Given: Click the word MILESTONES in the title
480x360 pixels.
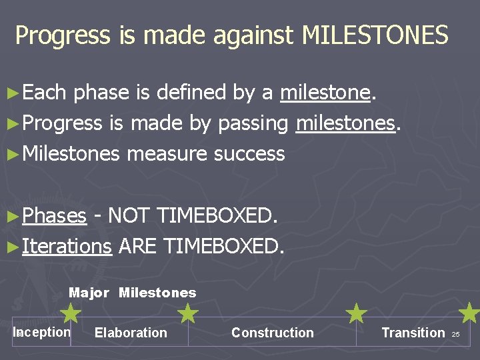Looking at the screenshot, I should pos(375,35).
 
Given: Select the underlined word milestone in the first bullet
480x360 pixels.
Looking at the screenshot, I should pos(325,93).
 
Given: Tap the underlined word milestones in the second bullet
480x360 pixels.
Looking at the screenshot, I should pos(346,123).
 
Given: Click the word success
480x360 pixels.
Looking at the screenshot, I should pos(249,154).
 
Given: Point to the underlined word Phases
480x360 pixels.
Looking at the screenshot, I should pos(54,216).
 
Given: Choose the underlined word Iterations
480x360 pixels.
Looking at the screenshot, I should pos(66,247).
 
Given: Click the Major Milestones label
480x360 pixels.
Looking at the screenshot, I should pos(133,293).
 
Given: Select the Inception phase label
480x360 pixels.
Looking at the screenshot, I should pos(41,332).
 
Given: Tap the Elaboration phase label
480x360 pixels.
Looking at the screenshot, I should pos(131,333).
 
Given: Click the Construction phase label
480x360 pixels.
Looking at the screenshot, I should pos(272,333).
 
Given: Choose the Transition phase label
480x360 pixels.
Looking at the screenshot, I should pos(413,333).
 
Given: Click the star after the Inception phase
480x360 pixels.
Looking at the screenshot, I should pos(70,313).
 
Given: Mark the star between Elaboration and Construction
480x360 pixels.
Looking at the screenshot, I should pos(189,313).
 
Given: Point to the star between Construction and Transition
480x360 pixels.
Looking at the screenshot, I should pos(357,313).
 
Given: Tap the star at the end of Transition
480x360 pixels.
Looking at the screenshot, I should pos(470,312).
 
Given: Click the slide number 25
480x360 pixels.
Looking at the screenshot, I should pos(456,334).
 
